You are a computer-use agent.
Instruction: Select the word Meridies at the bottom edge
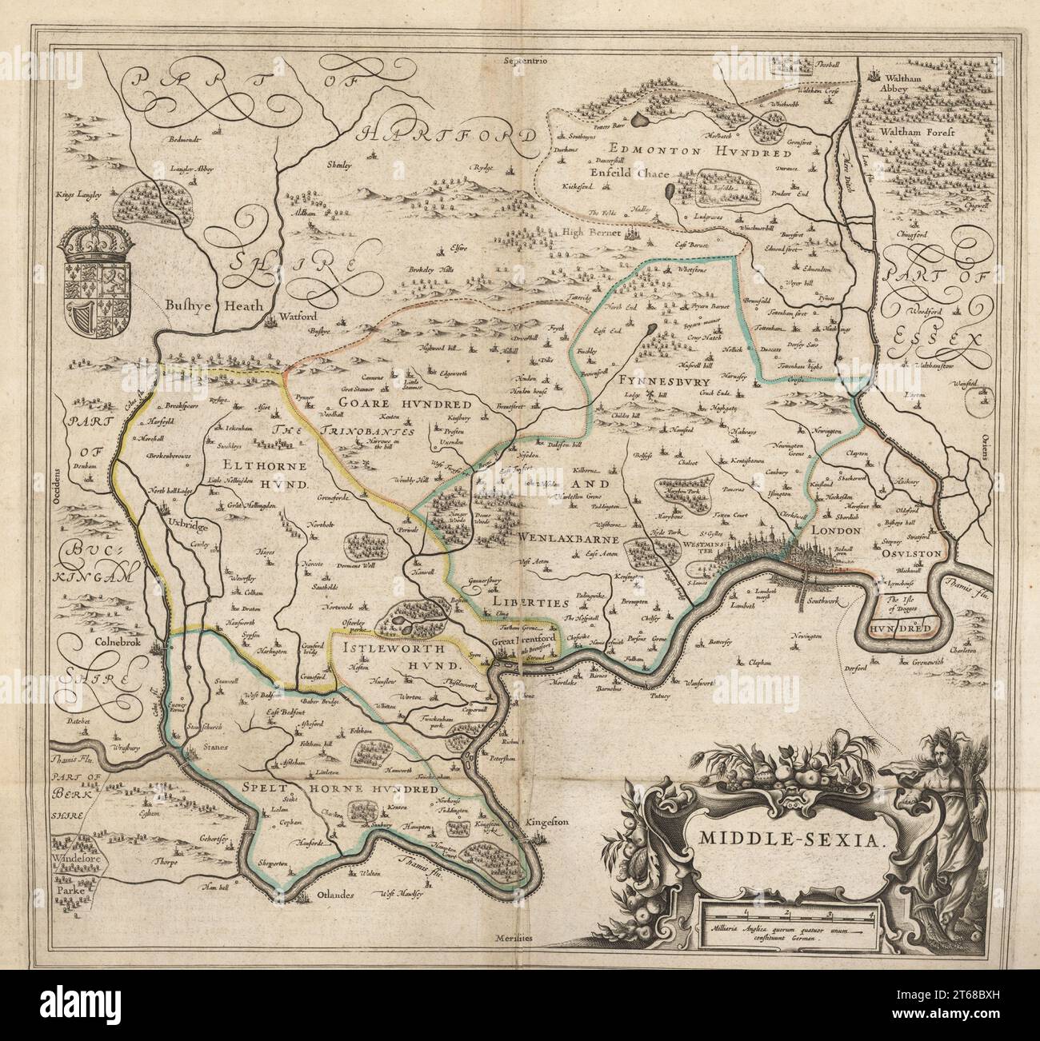[518, 940]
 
